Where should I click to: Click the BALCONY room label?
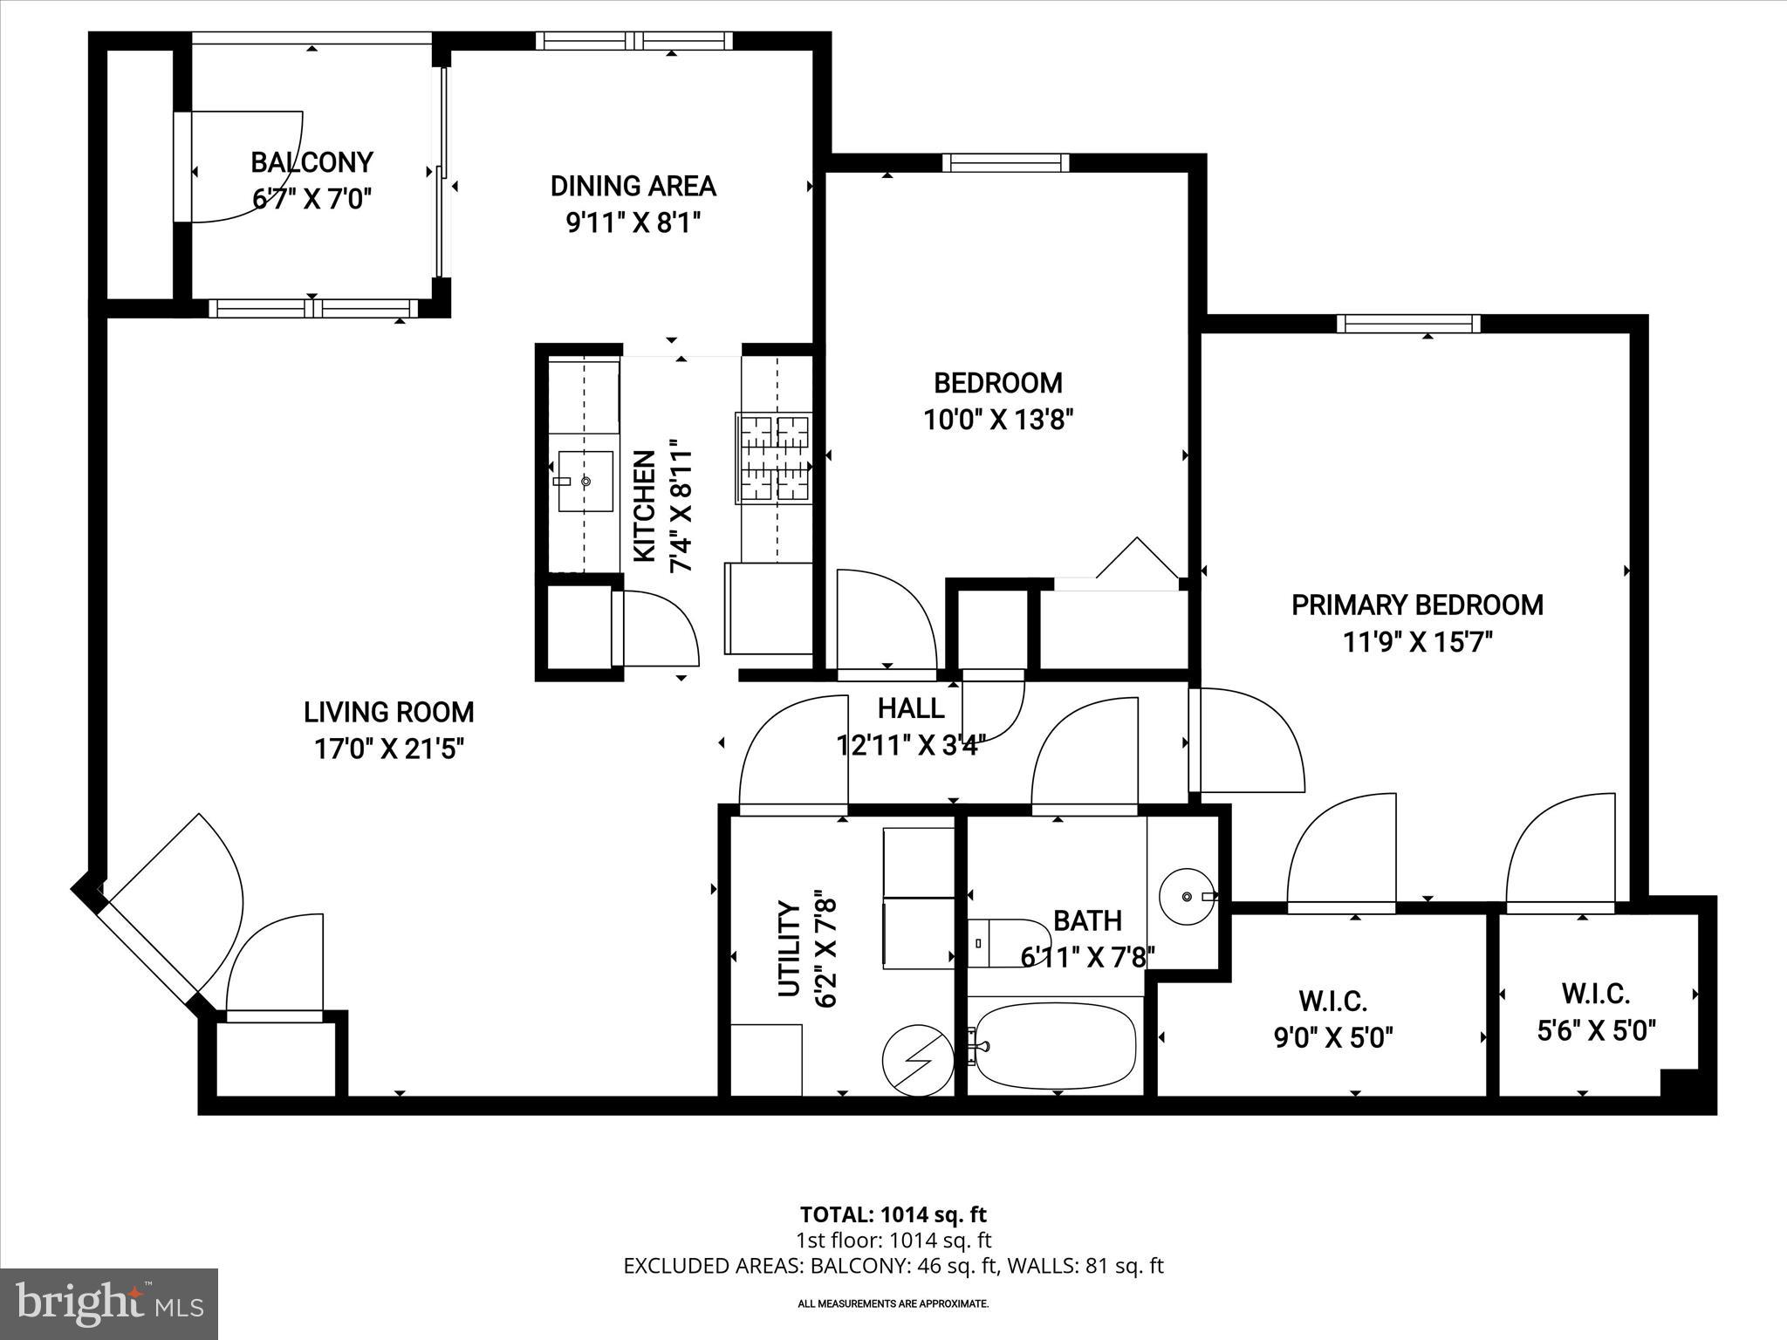coord(312,162)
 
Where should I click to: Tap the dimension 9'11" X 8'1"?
coord(633,223)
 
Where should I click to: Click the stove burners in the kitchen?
coord(774,458)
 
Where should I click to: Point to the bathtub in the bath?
coord(1055,1044)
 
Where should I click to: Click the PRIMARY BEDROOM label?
coord(1417,605)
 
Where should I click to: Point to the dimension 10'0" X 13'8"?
coord(997,420)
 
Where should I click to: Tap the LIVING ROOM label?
coord(388,712)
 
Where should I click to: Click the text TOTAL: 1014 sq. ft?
coord(893,1214)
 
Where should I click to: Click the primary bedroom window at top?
coord(1408,324)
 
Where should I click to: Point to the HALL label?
coord(910,708)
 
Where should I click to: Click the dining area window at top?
coord(633,40)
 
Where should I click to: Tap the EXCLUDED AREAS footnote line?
coord(893,1266)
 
